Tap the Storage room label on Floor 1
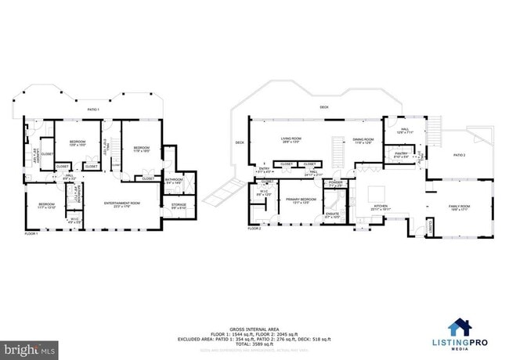pos(179,206)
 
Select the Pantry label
pos(401,155)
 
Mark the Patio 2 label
pos(459,156)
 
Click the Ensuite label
pos(333,214)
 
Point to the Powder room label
pos(336,184)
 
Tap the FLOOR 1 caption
pos(31,234)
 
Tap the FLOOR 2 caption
pos(254,229)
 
